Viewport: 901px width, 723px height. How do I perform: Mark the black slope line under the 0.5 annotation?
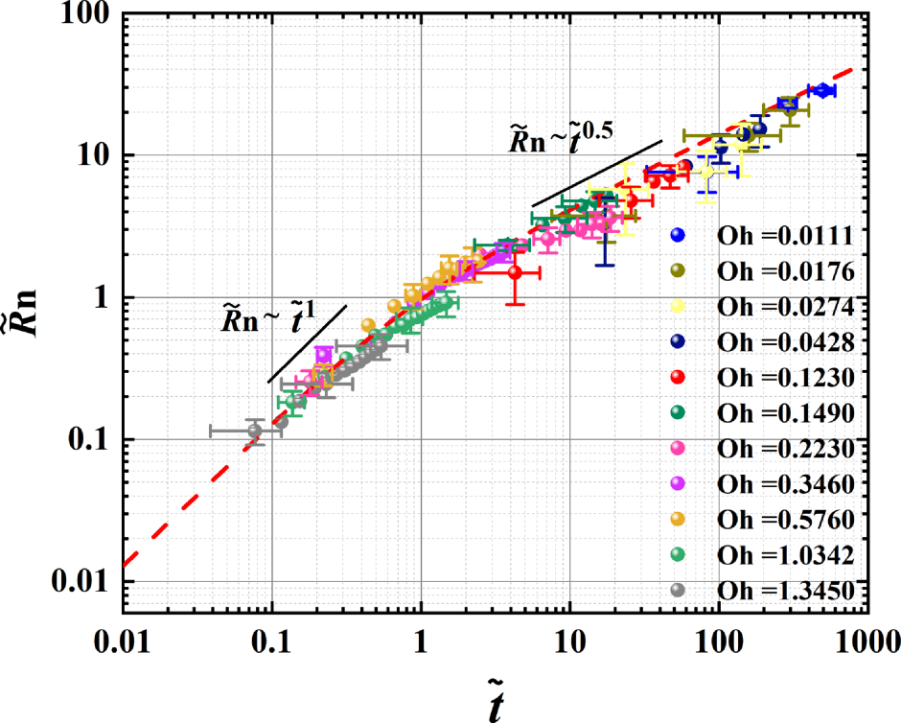[x=596, y=174]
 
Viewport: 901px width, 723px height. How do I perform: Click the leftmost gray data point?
[x=254, y=431]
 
